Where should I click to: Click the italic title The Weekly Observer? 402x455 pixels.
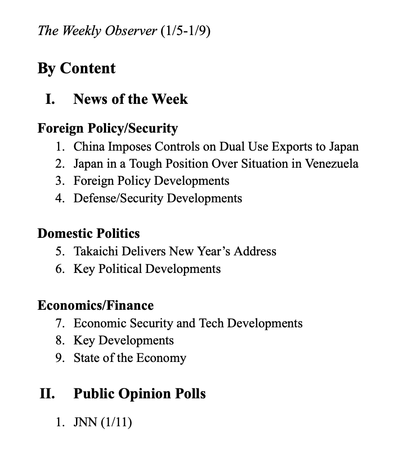(x=97, y=31)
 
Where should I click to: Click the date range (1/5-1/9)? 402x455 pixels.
(x=185, y=31)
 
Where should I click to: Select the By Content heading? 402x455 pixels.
(x=76, y=68)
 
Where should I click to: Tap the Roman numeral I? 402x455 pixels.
(x=50, y=99)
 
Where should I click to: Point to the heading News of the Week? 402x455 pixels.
(x=130, y=99)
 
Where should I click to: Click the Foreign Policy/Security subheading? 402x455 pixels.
(x=107, y=128)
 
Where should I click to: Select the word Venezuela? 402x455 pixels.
(x=332, y=163)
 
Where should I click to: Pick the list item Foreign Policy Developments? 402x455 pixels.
(x=151, y=181)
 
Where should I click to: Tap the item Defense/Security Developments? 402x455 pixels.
(x=157, y=198)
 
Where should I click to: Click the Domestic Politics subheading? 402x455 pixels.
(x=89, y=233)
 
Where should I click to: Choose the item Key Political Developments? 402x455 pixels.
(x=147, y=269)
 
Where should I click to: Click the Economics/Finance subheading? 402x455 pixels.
(x=95, y=305)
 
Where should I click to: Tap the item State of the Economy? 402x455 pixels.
(x=130, y=358)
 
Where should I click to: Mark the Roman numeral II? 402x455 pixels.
(x=47, y=394)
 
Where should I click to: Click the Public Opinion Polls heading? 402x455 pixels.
(x=139, y=394)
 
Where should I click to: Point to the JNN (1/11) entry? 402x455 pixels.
(x=103, y=423)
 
